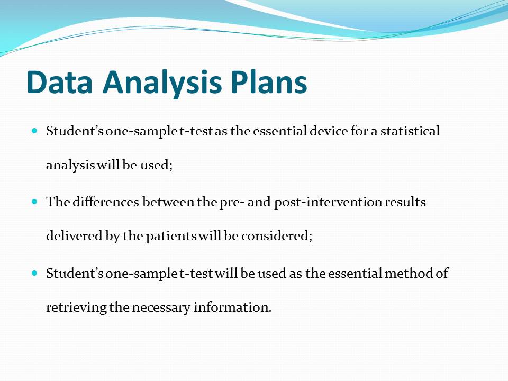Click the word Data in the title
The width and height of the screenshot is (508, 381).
click(60, 82)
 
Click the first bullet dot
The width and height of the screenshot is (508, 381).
click(35, 131)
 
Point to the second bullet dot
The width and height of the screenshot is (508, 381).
click(35, 202)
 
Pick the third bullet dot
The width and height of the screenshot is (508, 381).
click(35, 273)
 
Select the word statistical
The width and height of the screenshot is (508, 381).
click(410, 131)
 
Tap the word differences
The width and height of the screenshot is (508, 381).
click(106, 202)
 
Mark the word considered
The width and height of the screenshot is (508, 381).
click(277, 235)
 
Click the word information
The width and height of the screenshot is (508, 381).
click(232, 307)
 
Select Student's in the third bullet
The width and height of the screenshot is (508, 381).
click(75, 273)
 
